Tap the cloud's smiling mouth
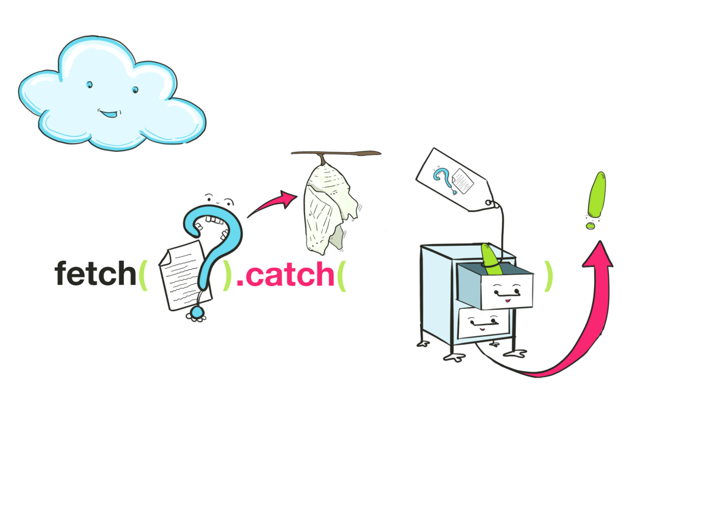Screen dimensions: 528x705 (x=109, y=112)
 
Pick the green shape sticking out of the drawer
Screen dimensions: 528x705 (x=490, y=258)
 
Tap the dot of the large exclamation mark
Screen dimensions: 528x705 (x=591, y=225)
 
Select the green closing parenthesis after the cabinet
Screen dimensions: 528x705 (x=548, y=276)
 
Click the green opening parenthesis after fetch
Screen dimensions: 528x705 (x=143, y=275)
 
